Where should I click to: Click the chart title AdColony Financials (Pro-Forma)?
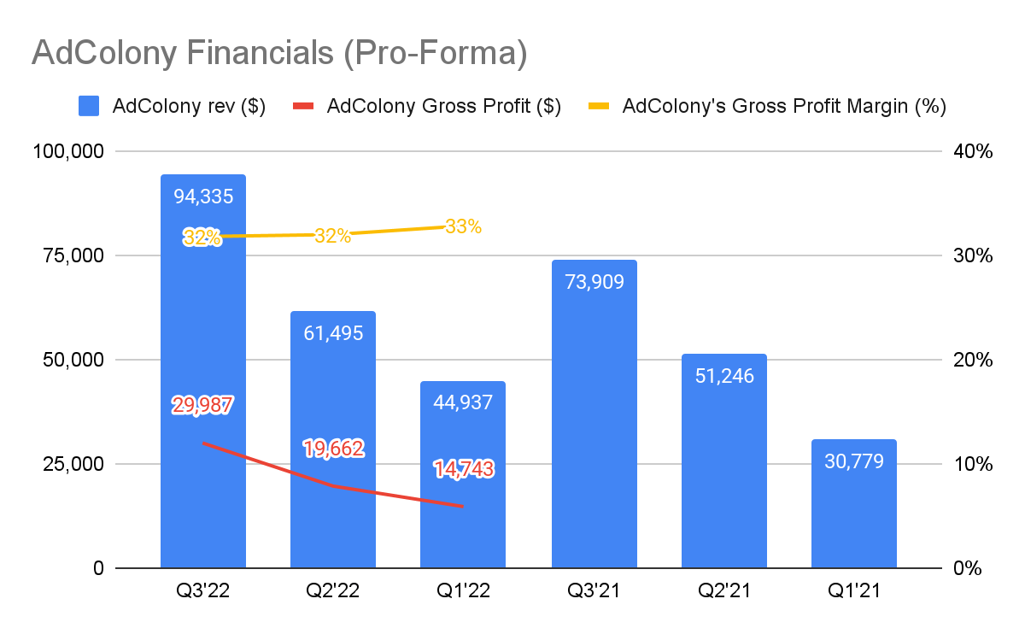coord(279,53)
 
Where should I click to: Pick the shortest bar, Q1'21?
coord(853,513)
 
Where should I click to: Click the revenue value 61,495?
coord(333,333)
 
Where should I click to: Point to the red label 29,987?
coord(203,406)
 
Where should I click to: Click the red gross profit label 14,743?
coord(463,468)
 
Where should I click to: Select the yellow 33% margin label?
coord(463,227)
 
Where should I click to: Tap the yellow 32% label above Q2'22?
coord(332,237)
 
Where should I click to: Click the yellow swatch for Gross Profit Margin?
coord(600,107)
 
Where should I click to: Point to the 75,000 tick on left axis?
coord(73,255)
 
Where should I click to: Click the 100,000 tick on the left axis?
coord(67,151)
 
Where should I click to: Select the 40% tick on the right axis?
coord(972,151)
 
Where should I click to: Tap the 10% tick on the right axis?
coord(972,464)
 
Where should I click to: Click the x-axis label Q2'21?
coord(723,590)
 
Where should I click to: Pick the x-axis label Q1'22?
coord(462,590)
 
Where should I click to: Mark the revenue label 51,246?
coord(723,375)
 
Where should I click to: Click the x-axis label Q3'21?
coord(594,590)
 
